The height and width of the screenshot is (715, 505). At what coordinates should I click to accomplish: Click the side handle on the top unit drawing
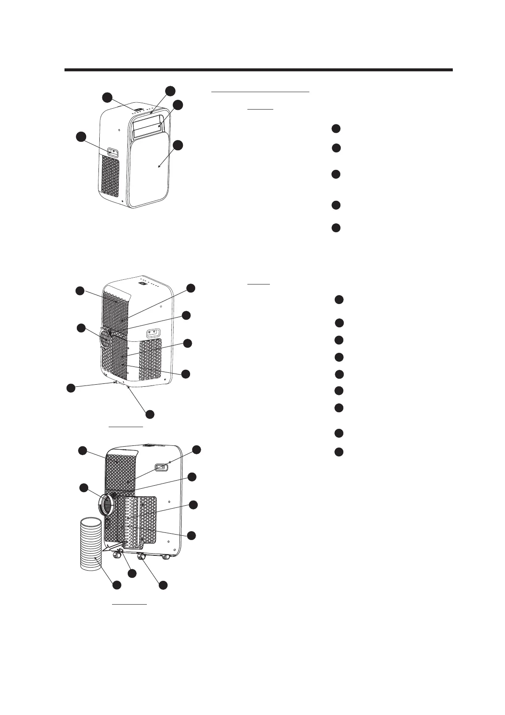(x=112, y=152)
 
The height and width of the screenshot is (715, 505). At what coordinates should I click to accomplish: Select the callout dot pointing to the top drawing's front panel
(x=178, y=145)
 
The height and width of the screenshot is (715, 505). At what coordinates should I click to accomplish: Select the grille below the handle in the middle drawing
(x=150, y=359)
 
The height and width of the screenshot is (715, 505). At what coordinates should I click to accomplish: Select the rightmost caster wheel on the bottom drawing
(x=167, y=556)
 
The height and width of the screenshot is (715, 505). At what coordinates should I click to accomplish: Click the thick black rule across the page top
(x=258, y=70)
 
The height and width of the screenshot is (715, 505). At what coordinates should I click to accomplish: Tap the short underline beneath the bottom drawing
(x=129, y=603)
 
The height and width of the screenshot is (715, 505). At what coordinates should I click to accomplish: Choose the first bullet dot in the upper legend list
(x=336, y=129)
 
